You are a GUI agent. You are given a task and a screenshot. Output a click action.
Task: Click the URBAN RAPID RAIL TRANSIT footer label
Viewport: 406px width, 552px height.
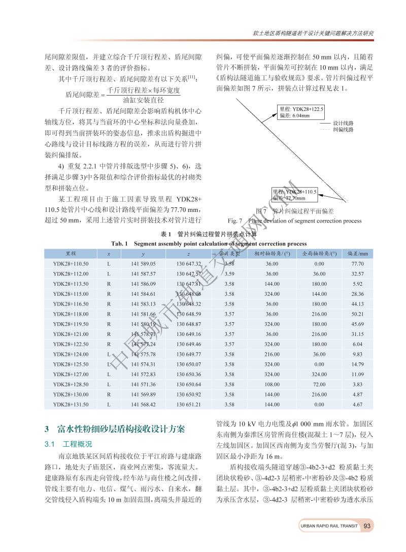(329, 526)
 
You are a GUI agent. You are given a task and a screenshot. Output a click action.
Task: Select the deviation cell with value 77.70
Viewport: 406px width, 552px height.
(357, 264)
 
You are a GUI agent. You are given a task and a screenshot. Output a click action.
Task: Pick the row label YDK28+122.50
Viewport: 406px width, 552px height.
(71, 344)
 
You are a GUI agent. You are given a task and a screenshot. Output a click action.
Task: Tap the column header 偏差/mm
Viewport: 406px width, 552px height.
(357, 254)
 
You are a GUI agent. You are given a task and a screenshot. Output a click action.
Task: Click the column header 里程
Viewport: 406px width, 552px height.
(71, 254)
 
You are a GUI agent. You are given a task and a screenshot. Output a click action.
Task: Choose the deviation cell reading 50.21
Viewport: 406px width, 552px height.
(357, 314)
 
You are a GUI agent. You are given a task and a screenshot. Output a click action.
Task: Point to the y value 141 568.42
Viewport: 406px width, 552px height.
(143, 405)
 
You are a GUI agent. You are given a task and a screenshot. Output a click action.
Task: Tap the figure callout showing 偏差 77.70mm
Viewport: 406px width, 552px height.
(294, 195)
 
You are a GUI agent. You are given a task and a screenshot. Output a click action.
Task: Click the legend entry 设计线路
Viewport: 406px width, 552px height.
(343, 123)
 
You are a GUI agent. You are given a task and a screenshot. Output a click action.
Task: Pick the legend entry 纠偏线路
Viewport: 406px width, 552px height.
(343, 130)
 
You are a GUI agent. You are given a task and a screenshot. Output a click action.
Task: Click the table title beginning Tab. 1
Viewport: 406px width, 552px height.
(209, 243)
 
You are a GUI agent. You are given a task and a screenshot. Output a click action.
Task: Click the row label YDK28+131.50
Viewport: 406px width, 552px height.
(71, 405)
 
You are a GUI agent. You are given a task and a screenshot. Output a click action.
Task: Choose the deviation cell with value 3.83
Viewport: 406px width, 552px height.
(357, 384)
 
